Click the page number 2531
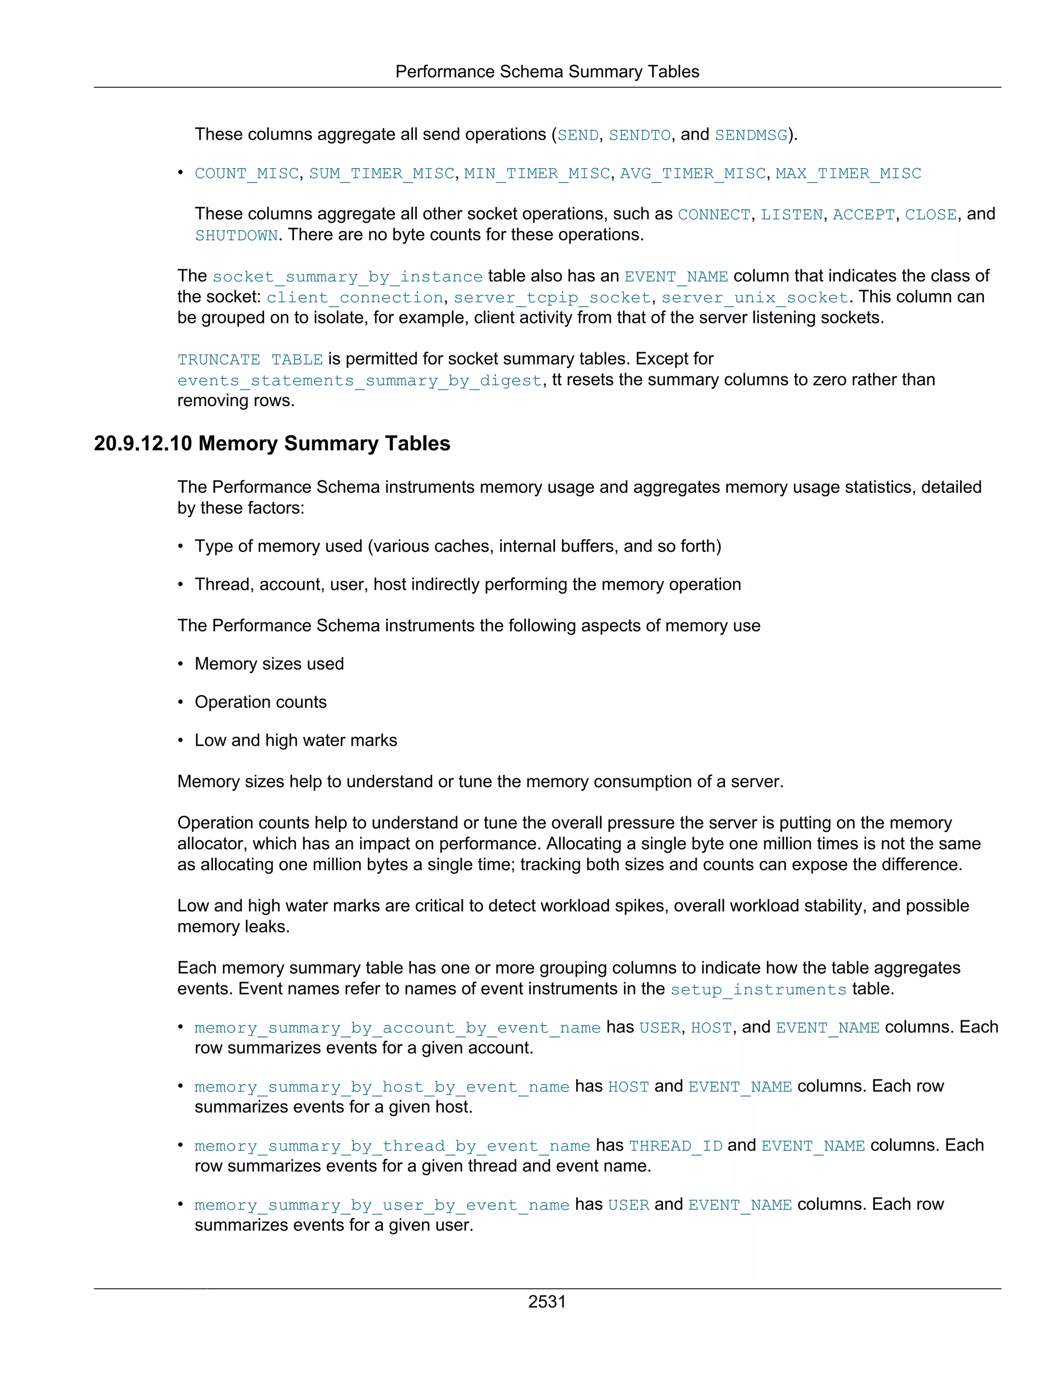(547, 1302)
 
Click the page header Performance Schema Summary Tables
(547, 72)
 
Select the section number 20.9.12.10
(142, 443)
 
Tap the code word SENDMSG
(751, 136)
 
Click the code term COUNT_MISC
(246, 174)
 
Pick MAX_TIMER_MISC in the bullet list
(848, 174)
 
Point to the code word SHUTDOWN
(236, 236)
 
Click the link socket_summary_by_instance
(348, 277)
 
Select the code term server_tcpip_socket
(552, 298)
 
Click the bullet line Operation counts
(260, 702)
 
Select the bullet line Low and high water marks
(296, 740)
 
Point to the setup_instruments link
(757, 990)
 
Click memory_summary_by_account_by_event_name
(397, 1028)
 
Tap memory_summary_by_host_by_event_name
(381, 1087)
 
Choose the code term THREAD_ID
(675, 1146)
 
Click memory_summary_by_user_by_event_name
(381, 1205)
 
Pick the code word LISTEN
(791, 215)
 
